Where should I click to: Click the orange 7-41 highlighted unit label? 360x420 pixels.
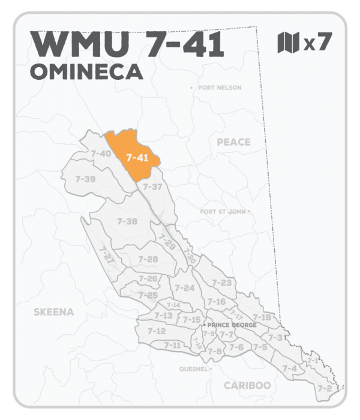coord(137,158)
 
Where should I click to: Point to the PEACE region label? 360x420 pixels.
coord(233,142)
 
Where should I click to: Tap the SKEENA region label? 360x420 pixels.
coord(53,312)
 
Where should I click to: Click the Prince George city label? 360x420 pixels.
coord(232,325)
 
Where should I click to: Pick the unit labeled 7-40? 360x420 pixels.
coord(100,154)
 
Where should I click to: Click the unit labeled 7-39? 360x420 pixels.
coord(86,179)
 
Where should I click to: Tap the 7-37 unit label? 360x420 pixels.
coord(153,187)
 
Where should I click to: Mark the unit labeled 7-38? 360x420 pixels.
coord(127,221)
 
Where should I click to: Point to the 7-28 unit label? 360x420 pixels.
coord(148,259)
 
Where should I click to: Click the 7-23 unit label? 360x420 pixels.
coord(222,283)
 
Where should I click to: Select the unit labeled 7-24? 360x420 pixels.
coord(185,288)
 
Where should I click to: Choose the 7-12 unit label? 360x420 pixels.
coord(157,331)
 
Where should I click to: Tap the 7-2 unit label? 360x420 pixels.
coord(325,388)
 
